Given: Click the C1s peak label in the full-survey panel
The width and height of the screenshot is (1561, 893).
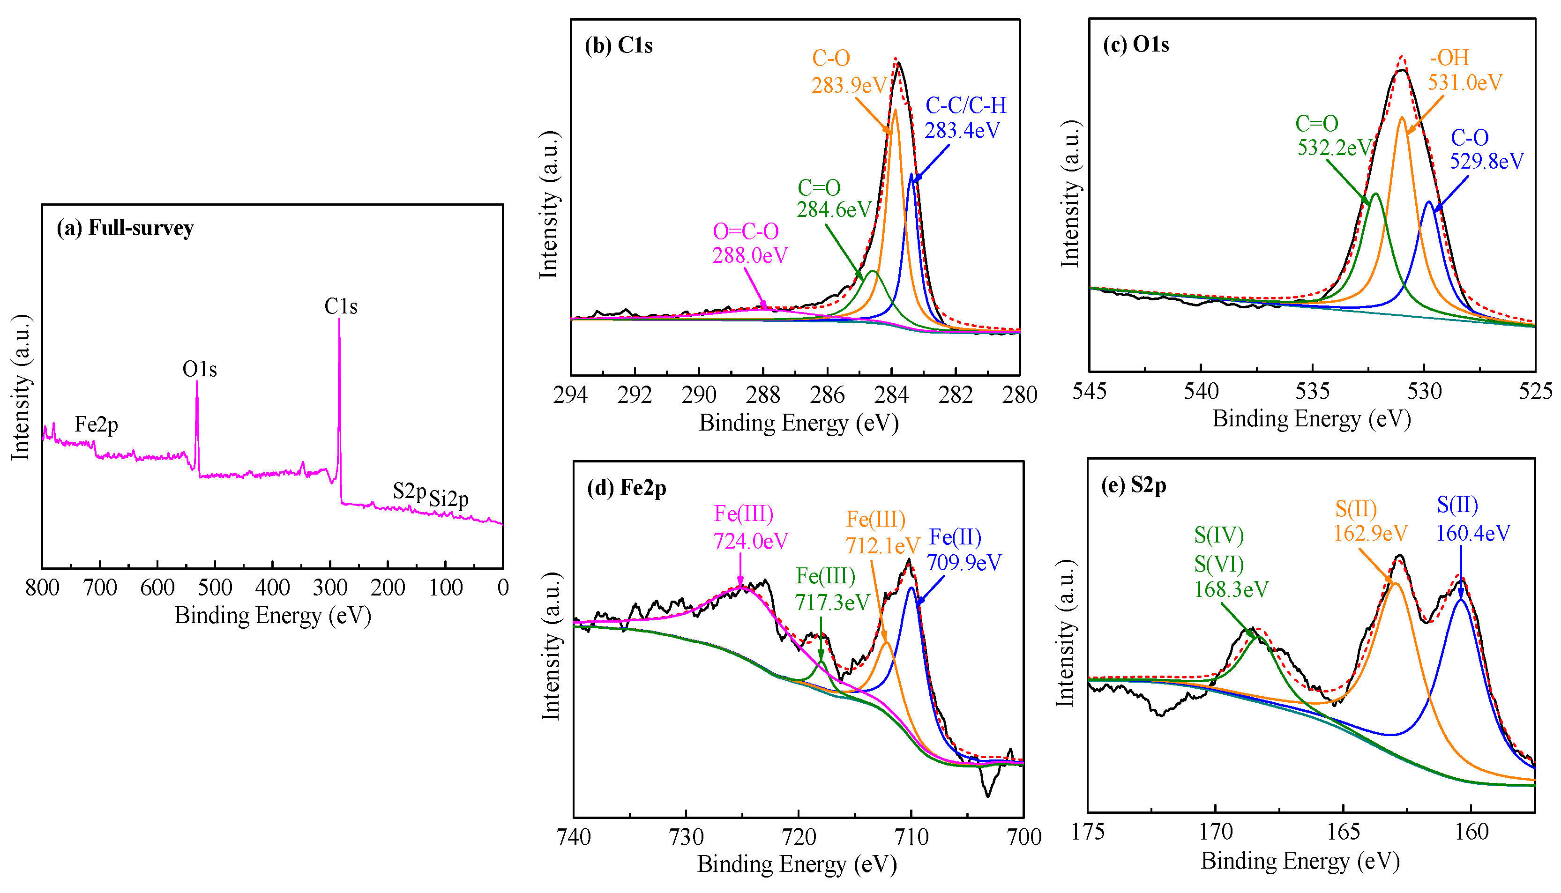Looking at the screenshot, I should click(340, 306).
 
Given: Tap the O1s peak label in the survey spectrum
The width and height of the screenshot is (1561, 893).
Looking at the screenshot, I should click(199, 369).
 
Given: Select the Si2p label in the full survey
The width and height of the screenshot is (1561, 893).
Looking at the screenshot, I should click(448, 499).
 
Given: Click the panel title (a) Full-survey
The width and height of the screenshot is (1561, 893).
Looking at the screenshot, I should click(125, 228).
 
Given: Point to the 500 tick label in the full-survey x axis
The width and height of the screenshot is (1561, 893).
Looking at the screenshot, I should click(215, 588).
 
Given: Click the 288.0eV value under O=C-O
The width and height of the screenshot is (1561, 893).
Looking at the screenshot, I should click(749, 255).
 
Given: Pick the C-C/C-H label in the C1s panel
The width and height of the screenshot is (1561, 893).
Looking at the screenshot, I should click(965, 105).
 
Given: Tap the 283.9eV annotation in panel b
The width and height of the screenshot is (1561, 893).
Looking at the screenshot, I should click(849, 85).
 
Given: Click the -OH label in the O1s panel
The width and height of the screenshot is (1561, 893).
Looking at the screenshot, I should click(1449, 58).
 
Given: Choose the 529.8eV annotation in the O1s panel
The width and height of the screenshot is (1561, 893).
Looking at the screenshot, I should click(1486, 161).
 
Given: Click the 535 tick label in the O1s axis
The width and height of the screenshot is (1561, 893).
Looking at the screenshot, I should click(1312, 391).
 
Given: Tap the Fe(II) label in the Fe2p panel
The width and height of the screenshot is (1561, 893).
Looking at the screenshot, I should click(955, 537).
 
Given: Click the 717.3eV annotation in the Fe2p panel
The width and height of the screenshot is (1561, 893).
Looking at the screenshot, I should click(832, 603).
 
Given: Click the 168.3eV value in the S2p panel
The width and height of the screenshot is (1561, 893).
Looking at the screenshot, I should click(1231, 589).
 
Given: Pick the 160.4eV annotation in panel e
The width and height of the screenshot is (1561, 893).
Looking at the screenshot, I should click(1473, 533).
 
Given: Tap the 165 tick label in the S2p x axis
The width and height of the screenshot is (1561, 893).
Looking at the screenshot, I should click(1343, 832).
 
